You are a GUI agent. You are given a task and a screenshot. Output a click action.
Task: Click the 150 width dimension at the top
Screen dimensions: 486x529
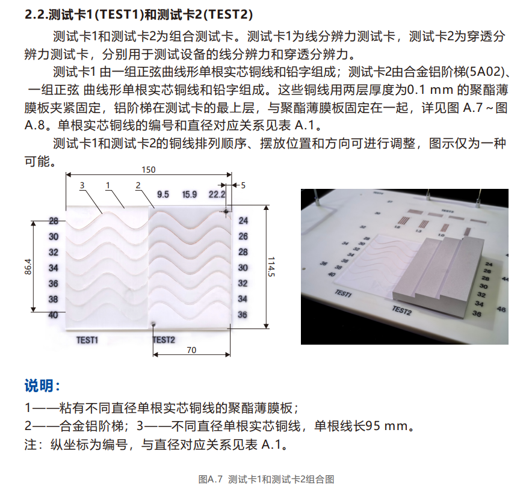pos(147,170)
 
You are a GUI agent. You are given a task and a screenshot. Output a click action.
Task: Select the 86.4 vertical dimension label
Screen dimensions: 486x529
pos(28,268)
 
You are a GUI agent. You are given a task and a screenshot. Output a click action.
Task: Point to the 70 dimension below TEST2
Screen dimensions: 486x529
pos(191,349)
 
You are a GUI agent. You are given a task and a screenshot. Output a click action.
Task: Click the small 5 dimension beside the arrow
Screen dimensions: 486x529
pos(243,185)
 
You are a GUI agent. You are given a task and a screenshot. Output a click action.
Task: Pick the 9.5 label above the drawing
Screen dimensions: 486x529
pos(162,194)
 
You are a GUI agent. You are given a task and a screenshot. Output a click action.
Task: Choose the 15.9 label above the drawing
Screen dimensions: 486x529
pos(190,194)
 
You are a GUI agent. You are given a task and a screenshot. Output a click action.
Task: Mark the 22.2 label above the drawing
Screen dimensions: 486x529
pos(217,194)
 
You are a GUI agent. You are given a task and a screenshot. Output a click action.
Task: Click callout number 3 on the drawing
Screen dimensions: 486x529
pos(82,185)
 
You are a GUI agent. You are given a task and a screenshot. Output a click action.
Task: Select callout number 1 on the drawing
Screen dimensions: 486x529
pos(108,185)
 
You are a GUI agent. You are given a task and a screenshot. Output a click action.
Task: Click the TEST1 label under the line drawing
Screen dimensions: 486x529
pos(87,340)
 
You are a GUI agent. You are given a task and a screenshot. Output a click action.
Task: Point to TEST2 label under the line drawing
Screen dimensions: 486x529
pos(164,340)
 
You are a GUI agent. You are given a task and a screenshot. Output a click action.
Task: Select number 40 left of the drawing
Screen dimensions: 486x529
pos(54,315)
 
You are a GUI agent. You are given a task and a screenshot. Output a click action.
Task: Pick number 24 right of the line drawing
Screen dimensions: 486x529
pos(243,221)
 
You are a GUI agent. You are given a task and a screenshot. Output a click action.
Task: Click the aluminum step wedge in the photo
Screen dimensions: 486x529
pos(439,271)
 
